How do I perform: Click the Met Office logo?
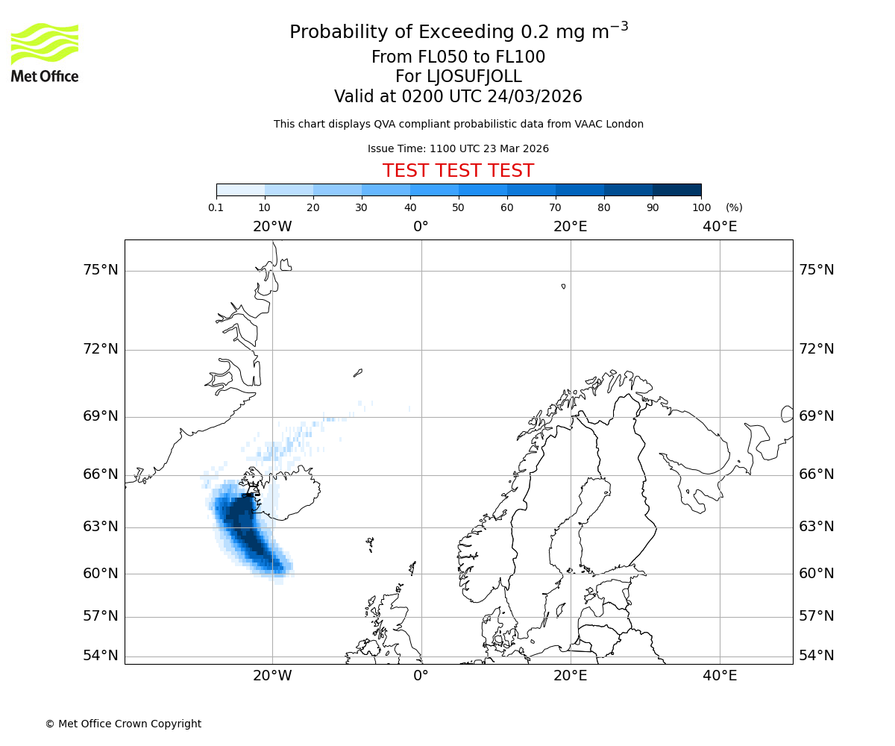[45, 52]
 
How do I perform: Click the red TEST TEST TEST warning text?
[458, 171]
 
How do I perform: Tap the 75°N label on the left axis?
[100, 270]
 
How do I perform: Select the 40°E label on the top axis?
[720, 227]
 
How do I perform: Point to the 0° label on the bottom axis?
[421, 676]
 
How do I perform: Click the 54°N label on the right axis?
[817, 656]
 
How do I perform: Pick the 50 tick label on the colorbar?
[459, 207]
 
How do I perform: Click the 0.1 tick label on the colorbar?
[216, 207]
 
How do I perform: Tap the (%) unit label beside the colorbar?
[734, 207]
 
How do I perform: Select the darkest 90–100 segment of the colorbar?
[676, 190]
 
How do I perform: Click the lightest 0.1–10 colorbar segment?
[240, 190]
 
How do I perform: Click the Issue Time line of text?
[458, 149]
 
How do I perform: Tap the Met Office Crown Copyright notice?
[123, 724]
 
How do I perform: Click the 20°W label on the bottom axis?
[272, 676]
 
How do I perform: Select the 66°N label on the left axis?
[100, 474]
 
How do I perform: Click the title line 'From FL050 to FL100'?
[458, 57]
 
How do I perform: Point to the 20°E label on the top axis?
[571, 227]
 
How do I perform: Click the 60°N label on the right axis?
[817, 574]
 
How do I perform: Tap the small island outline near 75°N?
[563, 286]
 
